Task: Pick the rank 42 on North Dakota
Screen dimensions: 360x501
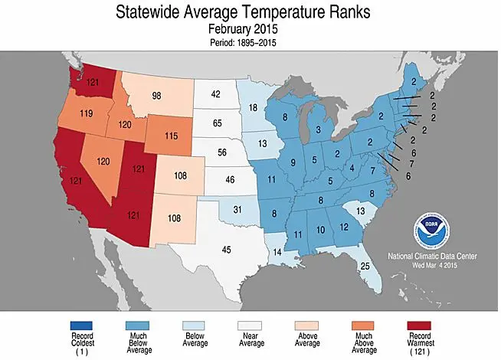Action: (x=216, y=95)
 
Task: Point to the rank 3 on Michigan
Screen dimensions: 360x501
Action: (x=318, y=130)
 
